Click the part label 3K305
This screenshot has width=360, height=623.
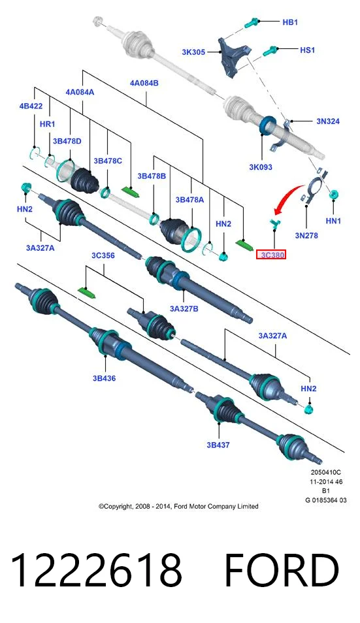pos(193,52)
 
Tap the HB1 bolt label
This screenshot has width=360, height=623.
pos(290,22)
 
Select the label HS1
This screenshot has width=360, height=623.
pos(307,50)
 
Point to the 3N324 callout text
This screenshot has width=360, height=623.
pos(328,121)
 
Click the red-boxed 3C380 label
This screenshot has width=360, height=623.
pos(272,255)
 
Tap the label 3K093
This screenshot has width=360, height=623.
pos(261,167)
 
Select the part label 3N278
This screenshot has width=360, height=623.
pos(306,236)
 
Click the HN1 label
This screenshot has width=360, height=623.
pos(333,221)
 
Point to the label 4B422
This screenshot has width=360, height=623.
pos(31,106)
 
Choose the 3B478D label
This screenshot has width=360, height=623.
pos(67,141)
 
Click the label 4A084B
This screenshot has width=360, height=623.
pos(144,83)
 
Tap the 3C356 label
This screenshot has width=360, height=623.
pos(103,255)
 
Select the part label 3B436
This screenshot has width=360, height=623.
pos(104,378)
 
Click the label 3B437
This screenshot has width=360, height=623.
pos(218,445)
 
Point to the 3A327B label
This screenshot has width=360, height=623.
pos(184,308)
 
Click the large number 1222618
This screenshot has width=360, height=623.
pos(96,570)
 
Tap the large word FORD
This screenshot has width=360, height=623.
pos(282,570)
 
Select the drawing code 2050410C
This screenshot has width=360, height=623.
pos(326,473)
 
